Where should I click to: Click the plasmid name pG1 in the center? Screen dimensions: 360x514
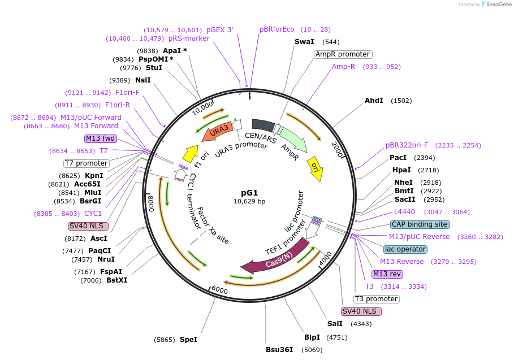249,193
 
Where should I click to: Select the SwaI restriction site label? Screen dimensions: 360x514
304,42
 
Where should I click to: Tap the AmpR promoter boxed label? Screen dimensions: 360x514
343,54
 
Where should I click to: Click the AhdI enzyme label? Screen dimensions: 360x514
374,101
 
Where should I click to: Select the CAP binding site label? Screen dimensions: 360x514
419,224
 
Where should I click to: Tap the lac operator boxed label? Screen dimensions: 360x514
405,249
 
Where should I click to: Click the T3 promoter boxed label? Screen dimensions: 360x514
377,299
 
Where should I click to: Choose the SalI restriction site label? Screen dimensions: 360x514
335,324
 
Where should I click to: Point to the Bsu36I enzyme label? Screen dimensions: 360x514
279,349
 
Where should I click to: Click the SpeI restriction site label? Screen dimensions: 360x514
188,340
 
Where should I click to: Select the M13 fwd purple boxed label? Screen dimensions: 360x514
101,138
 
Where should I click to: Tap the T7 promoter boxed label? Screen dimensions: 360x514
86,163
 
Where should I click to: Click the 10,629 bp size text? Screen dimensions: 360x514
249,201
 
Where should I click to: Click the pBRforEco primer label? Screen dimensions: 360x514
277,29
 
